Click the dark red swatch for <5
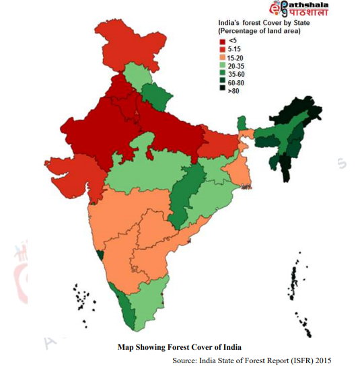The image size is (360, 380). [223, 42]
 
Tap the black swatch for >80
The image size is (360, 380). [223, 91]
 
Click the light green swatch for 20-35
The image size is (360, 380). [223, 67]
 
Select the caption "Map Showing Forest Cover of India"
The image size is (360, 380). [180, 348]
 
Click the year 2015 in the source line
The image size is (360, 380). [321, 360]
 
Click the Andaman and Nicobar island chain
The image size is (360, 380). [295, 279]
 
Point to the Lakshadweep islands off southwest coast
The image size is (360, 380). [81, 299]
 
